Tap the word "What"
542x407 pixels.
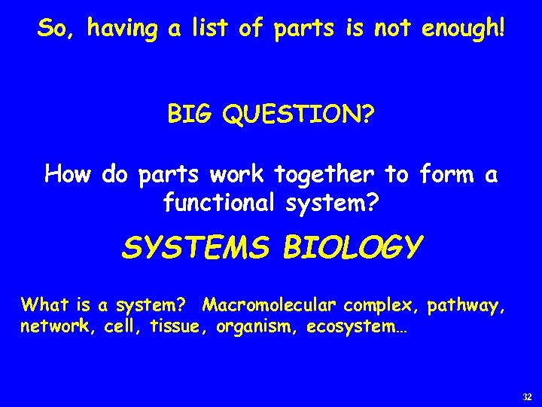[x=43, y=306]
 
